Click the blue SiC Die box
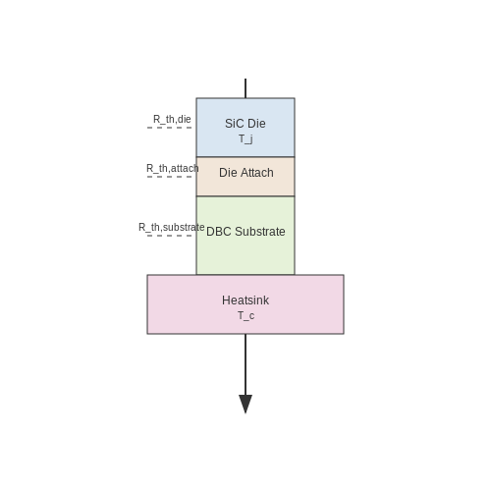245,128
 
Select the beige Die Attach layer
245,177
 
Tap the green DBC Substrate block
245,236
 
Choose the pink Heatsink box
245,304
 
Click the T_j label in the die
245,139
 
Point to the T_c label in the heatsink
245,316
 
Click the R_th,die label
172,119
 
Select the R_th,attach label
173,168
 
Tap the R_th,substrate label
172,227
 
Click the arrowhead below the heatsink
245,405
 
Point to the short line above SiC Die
245,88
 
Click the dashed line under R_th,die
169,128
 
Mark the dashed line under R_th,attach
169,177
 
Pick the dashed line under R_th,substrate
169,236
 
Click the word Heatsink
245,300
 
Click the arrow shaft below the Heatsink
245,364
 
